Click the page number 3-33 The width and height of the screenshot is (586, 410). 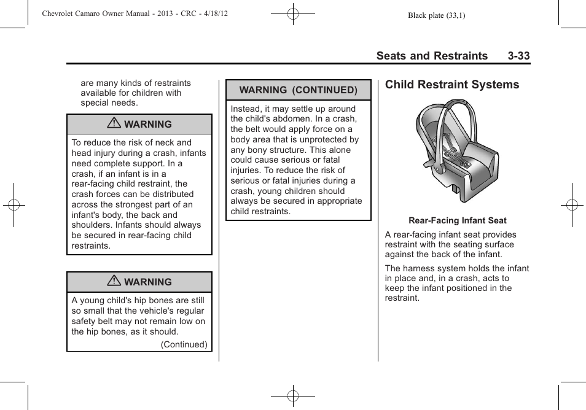point(518,56)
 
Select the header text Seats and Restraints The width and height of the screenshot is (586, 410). point(432,56)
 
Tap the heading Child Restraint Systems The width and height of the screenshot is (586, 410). point(452,85)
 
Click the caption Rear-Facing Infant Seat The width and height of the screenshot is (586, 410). point(458,220)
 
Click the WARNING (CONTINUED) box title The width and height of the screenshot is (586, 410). point(298,90)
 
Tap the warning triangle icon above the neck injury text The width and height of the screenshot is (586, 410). point(114,124)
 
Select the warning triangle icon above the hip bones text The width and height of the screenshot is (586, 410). point(114,282)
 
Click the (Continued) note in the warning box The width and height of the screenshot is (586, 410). point(184,344)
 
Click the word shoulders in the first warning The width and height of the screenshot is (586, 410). point(92,225)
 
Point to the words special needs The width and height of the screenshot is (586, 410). point(109,102)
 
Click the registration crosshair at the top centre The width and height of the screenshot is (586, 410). point(293,14)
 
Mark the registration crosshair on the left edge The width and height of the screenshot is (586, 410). point(14,205)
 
